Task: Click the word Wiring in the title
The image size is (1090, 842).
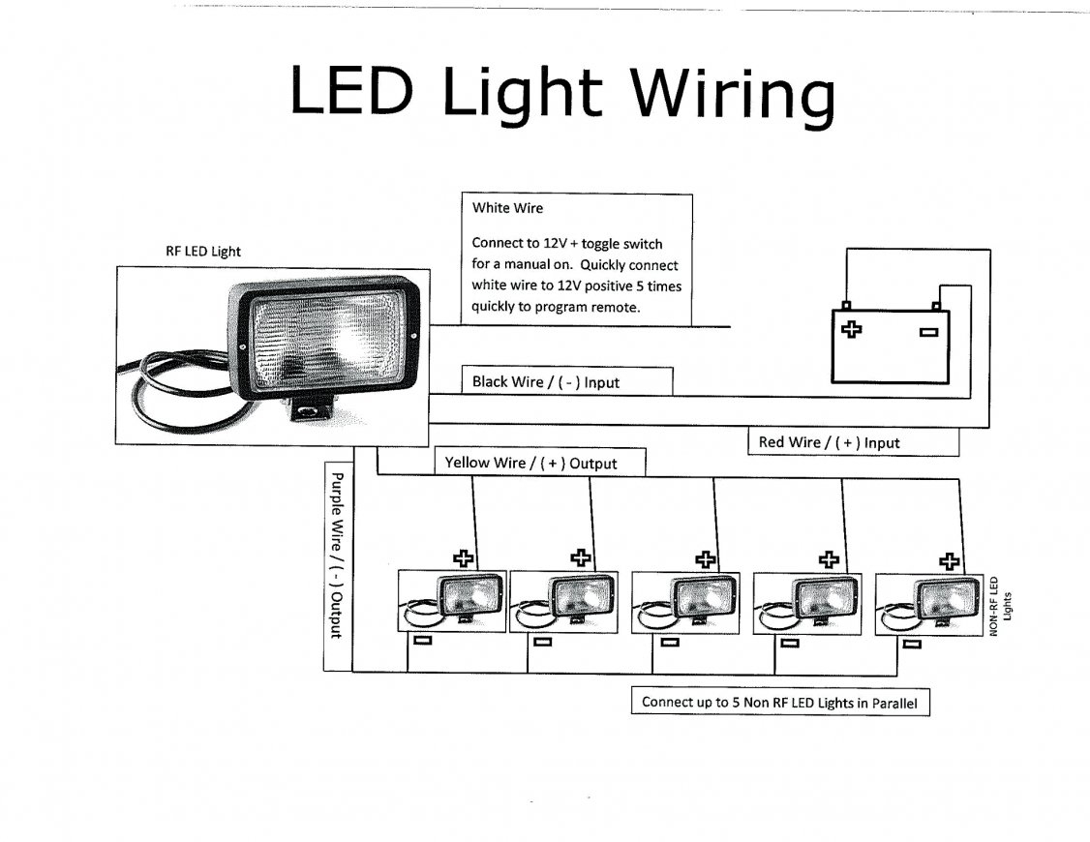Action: click(x=733, y=95)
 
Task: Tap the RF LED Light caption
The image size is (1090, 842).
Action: click(x=203, y=252)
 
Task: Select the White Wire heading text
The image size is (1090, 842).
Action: click(x=508, y=208)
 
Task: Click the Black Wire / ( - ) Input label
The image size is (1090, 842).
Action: click(x=545, y=382)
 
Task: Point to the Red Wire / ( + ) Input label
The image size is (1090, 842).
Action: click(x=829, y=442)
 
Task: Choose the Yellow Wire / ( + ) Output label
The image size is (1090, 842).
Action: click(x=530, y=464)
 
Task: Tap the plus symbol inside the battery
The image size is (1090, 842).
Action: click(x=852, y=329)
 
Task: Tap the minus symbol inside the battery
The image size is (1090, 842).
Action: click(x=928, y=332)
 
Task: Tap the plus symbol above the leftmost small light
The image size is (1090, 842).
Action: click(x=465, y=557)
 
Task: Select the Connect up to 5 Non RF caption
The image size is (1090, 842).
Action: click(x=779, y=703)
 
